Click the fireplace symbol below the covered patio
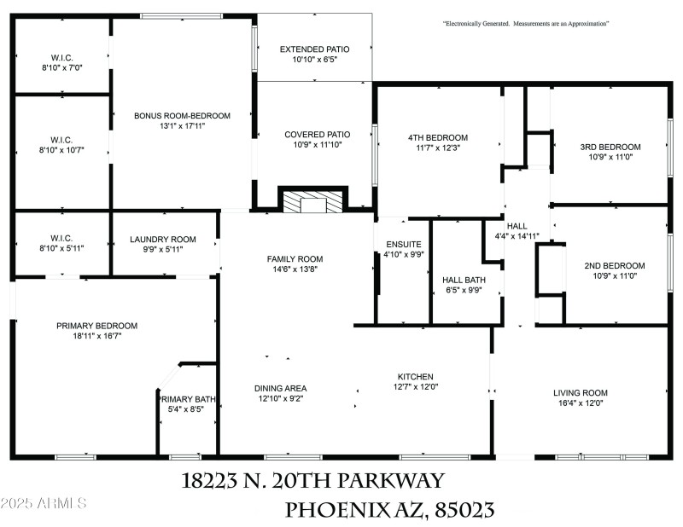[313, 201]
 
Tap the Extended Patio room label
[315, 49]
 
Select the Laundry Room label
[163, 239]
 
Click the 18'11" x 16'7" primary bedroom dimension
[96, 336]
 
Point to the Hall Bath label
[464, 280]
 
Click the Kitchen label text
[416, 377]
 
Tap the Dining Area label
[281, 388]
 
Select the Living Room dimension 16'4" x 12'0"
[578, 403]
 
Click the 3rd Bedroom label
[610, 147]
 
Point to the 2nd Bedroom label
[610, 265]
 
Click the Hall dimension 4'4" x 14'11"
[517, 236]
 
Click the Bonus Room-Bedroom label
[182, 116]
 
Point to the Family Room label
[295, 258]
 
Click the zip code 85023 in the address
[464, 510]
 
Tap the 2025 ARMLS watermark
[44, 503]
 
